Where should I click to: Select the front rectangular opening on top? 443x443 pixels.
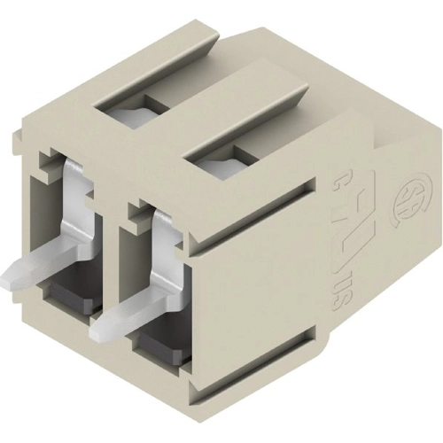coord(221,165)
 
